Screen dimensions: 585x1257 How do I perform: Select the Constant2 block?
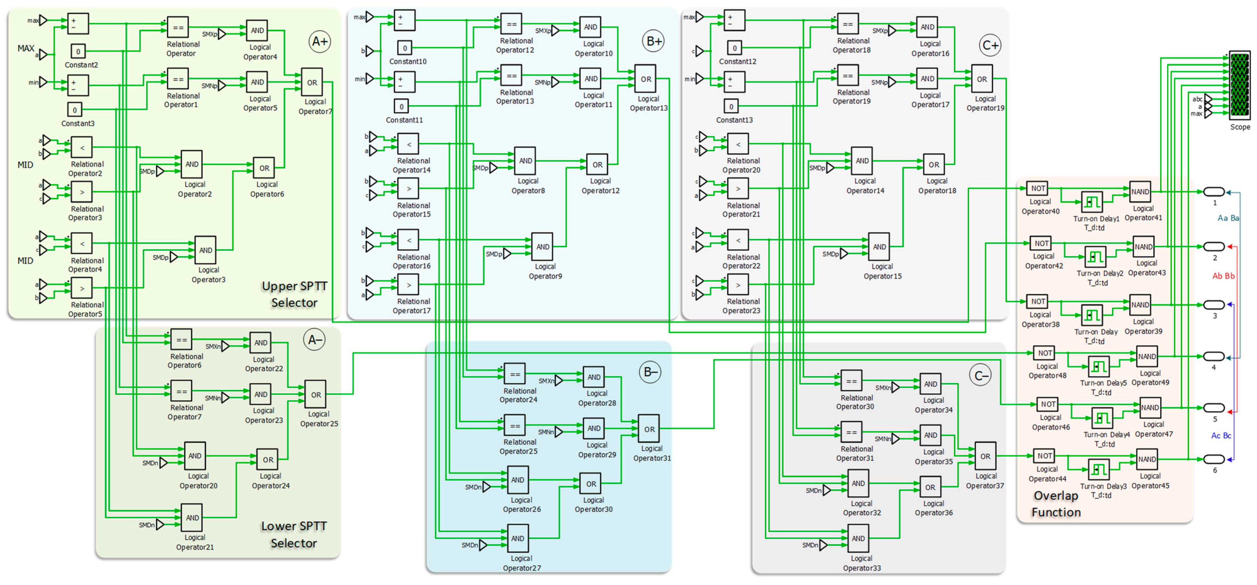point(78,51)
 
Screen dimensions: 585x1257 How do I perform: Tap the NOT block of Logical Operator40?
point(1037,188)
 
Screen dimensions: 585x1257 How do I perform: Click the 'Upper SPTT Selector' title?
point(294,294)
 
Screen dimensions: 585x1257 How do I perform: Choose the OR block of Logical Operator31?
point(649,429)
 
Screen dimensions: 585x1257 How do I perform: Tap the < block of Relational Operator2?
point(82,147)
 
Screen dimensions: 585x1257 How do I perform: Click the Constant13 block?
point(731,106)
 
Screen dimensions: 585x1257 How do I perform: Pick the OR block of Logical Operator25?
point(316,395)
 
